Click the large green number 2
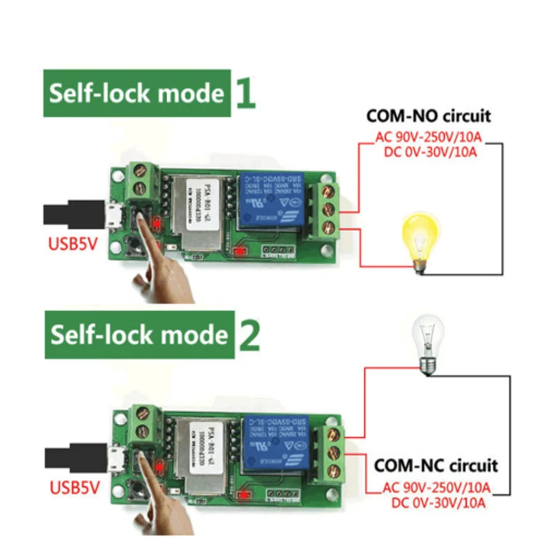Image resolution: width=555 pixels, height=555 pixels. (x=248, y=335)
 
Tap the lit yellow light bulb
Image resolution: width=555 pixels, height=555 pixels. (x=418, y=240)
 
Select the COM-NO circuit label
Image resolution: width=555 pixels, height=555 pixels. (x=428, y=116)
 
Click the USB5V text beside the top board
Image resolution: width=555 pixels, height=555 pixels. (x=73, y=244)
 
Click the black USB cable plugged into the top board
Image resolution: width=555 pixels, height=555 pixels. (x=69, y=213)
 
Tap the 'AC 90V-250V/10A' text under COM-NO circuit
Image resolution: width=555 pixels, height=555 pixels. (x=429, y=137)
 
